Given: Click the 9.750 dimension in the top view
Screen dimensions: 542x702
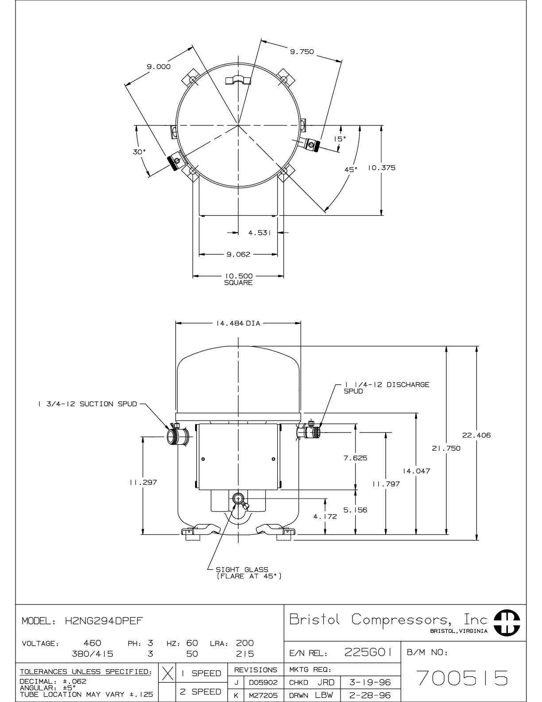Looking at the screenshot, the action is (302, 52).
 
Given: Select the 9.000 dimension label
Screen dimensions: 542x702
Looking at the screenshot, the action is (159, 66).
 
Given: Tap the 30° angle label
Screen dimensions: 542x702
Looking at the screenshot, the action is (139, 152).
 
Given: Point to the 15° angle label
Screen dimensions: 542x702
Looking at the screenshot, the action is (340, 139).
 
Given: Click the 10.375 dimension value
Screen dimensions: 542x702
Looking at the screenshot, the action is (382, 168).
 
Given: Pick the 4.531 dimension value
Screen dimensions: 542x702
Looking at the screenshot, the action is (259, 233).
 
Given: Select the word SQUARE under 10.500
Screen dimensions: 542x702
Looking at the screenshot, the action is (238, 283).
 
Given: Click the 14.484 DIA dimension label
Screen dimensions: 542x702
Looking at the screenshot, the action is (238, 324).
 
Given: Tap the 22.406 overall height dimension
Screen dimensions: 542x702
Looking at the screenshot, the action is (476, 435).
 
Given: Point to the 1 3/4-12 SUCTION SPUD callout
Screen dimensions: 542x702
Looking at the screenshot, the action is (88, 404).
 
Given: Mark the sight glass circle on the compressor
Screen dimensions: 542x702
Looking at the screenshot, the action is (238, 499).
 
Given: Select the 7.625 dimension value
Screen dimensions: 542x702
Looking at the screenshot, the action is (355, 458).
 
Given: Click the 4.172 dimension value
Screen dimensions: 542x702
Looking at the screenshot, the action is (325, 516).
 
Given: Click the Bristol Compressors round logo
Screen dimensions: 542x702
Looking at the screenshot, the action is (507, 623).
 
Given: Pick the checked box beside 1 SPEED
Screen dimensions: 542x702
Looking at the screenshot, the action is (167, 673).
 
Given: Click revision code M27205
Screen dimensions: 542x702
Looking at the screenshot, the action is (263, 695).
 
